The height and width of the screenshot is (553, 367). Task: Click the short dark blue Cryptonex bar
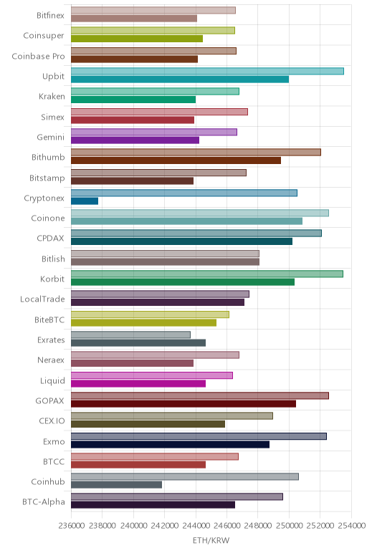85,201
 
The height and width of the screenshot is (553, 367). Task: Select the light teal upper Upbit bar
207,71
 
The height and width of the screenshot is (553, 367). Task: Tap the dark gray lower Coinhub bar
116,484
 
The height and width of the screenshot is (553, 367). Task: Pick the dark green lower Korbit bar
183,282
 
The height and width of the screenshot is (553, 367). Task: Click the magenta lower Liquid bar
138,383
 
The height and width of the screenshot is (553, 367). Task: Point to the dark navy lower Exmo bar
170,444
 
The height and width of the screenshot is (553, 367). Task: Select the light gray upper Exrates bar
130,335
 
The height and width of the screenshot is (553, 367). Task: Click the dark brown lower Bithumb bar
176,160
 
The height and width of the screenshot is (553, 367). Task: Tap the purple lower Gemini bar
135,140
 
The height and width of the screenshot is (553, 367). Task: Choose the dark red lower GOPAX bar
183,404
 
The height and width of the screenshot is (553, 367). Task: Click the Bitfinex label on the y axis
50,16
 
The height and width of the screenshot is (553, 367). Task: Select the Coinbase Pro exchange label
38,57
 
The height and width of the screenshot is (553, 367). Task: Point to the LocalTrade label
42,299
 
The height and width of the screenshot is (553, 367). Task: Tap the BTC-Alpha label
44,502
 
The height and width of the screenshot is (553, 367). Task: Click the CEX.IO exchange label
52,420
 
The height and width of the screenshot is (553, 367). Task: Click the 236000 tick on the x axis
71,526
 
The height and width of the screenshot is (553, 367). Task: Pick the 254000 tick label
351,526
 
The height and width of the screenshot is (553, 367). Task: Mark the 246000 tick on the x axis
227,526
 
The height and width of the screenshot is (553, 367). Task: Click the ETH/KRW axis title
211,540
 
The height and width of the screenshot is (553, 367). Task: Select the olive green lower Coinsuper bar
137,39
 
